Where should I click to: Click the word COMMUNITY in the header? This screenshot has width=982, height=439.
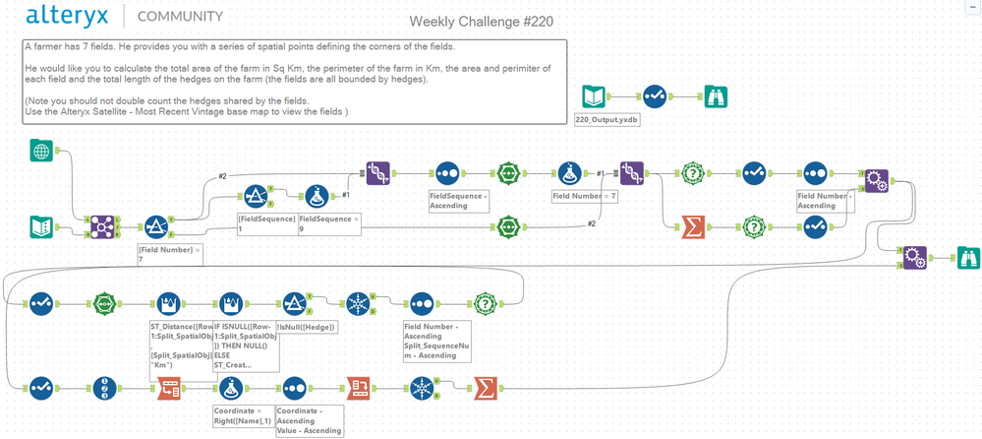click(x=180, y=17)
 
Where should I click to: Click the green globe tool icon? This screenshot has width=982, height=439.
click(x=41, y=151)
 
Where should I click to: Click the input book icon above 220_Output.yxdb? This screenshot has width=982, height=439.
click(x=596, y=96)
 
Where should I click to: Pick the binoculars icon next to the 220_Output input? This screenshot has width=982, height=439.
click(x=717, y=96)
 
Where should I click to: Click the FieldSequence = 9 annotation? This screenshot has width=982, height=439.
click(x=329, y=222)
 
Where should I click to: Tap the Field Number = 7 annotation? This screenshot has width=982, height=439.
click(x=585, y=196)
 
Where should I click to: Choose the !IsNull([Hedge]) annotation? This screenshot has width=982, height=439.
click(x=307, y=327)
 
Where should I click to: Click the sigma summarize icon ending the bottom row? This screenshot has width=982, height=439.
click(x=484, y=386)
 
